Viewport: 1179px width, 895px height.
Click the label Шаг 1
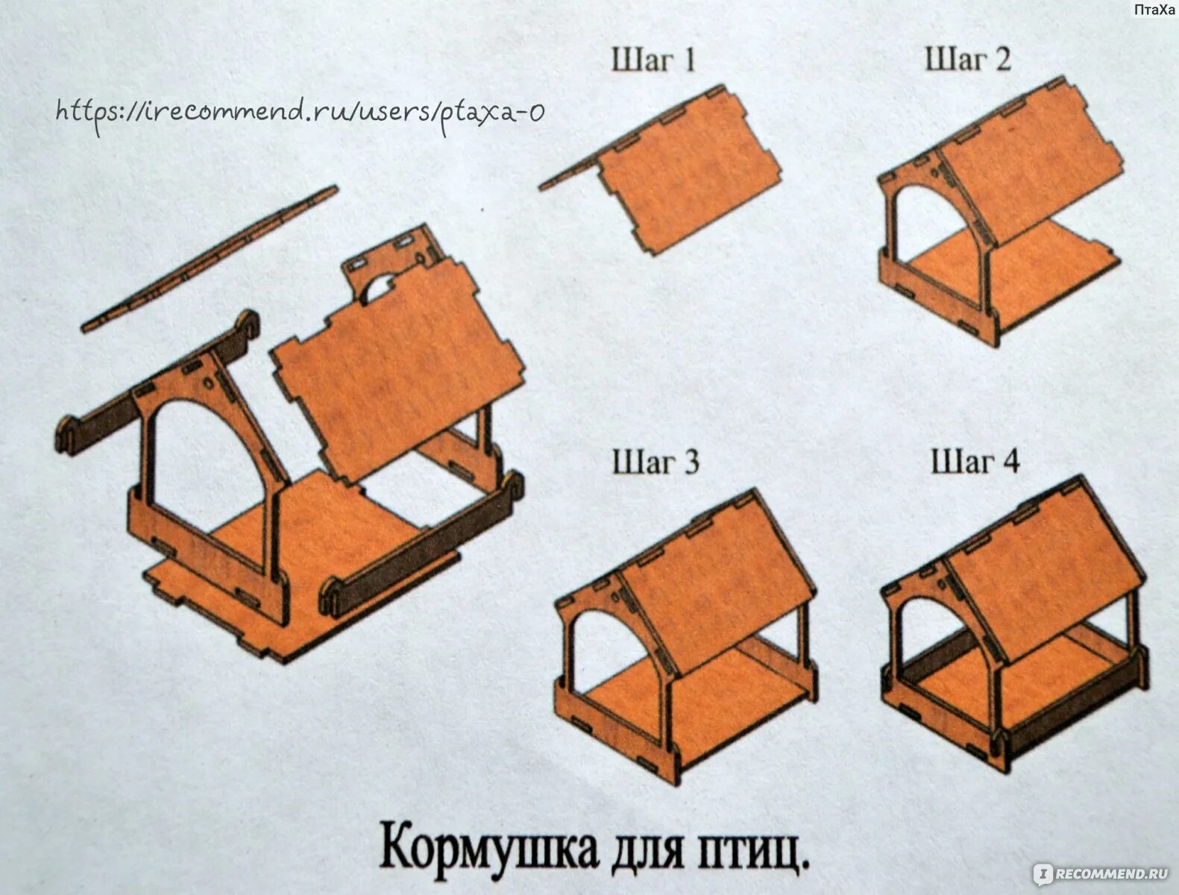pyautogui.click(x=653, y=60)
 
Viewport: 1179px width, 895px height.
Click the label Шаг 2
pyautogui.click(x=967, y=58)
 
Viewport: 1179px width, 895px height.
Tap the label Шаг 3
pyautogui.click(x=655, y=462)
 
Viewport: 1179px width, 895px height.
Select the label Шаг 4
pyautogui.click(x=975, y=461)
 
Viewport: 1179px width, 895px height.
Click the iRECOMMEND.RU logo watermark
pyautogui.click(x=1099, y=873)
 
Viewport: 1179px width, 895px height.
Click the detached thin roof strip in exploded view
pyautogui.click(x=209, y=257)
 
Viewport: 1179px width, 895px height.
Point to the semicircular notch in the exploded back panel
pyautogui.click(x=380, y=287)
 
